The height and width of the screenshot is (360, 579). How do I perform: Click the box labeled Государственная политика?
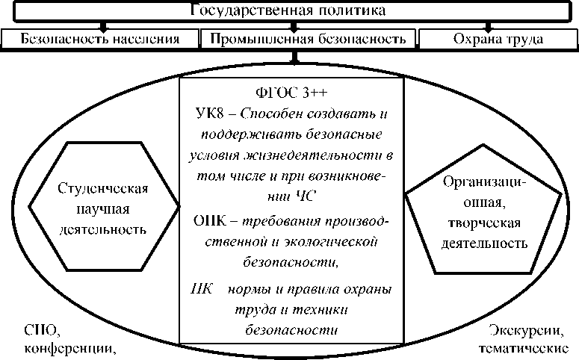click(288, 10)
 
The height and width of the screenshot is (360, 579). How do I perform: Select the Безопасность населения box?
click(100, 38)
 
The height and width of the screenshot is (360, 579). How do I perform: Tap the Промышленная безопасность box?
click(307, 38)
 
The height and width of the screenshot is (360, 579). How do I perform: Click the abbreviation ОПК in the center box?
click(208, 221)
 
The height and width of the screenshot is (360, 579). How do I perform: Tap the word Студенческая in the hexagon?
click(103, 187)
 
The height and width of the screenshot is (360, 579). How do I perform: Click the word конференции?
click(71, 348)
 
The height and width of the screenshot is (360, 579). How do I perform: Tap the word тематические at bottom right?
click(523, 348)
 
